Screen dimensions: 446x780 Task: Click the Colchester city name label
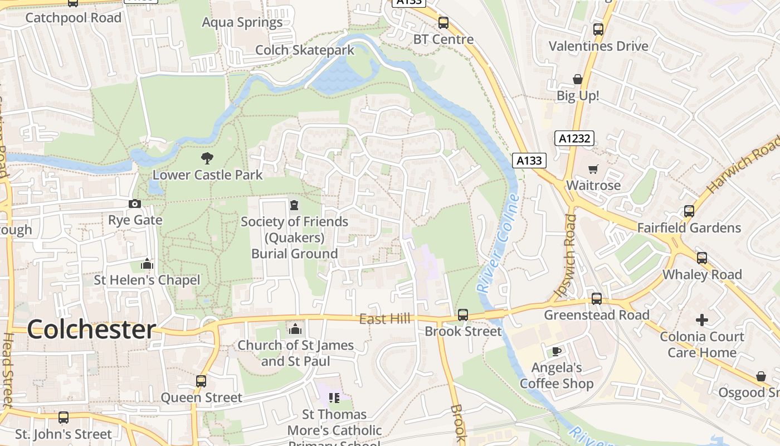coord(91,329)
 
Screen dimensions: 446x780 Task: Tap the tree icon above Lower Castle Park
coord(207,158)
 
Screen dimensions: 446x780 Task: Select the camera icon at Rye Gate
coord(135,204)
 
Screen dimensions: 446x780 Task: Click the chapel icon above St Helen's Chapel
coord(147,264)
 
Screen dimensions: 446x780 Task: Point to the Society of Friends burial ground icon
coord(294,205)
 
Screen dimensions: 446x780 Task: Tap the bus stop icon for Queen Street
coord(201,381)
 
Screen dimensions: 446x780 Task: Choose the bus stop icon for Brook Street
coord(463,315)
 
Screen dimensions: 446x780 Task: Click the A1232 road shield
coord(574,138)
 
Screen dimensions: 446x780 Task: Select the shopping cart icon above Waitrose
coord(593,169)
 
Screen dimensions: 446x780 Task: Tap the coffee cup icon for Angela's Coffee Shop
coord(556,351)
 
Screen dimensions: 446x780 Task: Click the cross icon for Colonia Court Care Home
coord(702,320)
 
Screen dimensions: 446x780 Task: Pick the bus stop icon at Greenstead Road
coord(597,299)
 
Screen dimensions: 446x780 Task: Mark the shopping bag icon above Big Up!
coord(578,80)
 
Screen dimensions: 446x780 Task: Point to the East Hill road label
coord(384,319)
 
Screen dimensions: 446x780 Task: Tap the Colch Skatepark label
coord(305,50)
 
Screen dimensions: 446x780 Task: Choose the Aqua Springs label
coord(242,22)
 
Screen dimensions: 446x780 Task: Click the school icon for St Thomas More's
coord(334,397)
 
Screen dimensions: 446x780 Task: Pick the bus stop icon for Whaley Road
coord(702,258)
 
